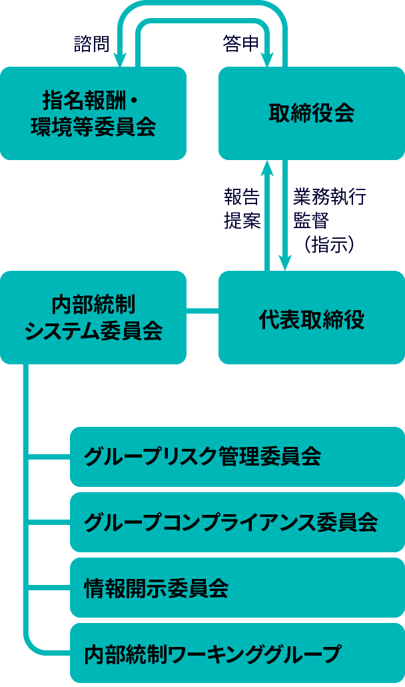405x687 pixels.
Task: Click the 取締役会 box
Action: point(311,113)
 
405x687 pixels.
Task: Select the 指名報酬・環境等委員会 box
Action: point(93,113)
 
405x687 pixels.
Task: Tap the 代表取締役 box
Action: point(311,317)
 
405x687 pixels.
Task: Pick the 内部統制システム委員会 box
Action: point(93,317)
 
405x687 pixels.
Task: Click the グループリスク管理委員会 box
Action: point(237,457)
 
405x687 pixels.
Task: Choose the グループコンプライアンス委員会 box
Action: point(237,522)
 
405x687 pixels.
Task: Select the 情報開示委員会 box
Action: point(237,588)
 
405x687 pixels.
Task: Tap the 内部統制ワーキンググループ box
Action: point(237,653)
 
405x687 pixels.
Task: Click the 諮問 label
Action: point(91,43)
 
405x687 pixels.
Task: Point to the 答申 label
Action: point(240,43)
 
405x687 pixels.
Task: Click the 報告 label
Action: point(241,198)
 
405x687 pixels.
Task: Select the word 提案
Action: point(241,221)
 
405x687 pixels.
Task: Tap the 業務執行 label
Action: point(329,198)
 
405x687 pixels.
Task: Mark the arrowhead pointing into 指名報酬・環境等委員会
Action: point(120,61)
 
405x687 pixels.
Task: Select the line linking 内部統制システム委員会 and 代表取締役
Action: point(202,311)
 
